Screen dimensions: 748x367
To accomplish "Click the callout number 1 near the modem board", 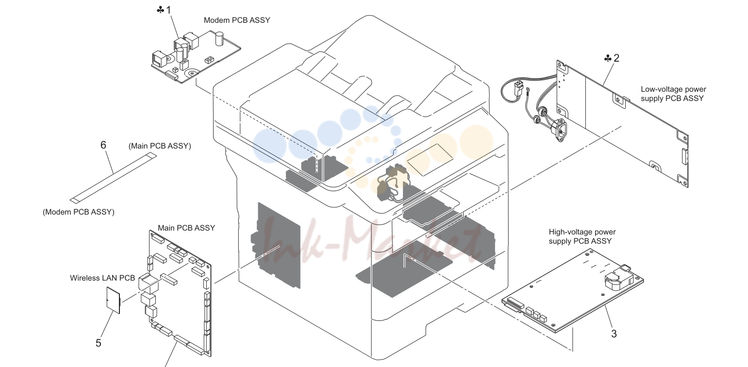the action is pyautogui.click(x=168, y=10).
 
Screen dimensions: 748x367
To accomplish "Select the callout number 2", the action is pyautogui.click(x=616, y=58).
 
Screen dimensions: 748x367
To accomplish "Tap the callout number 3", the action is pyautogui.click(x=614, y=334).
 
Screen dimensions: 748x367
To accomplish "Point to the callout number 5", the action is pyautogui.click(x=99, y=343).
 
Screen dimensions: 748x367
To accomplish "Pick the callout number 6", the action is pyautogui.click(x=103, y=145).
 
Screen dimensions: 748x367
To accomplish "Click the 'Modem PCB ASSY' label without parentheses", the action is pyautogui.click(x=237, y=20).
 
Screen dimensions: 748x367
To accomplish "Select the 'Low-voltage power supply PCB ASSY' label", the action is pyautogui.click(x=673, y=94).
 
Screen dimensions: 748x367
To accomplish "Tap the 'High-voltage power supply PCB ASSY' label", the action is pyautogui.click(x=582, y=236).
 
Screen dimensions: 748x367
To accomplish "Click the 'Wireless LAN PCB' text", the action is pyautogui.click(x=102, y=278).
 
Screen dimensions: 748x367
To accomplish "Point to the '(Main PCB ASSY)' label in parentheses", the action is pyautogui.click(x=160, y=146).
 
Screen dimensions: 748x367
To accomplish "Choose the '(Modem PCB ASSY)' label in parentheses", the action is pyautogui.click(x=79, y=212).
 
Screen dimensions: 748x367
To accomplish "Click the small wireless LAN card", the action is pyautogui.click(x=113, y=300).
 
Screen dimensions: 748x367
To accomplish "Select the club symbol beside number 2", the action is pyautogui.click(x=608, y=59).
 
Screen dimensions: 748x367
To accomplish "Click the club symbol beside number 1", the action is pyautogui.click(x=161, y=10).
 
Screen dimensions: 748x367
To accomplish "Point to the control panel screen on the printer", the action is pyautogui.click(x=430, y=160).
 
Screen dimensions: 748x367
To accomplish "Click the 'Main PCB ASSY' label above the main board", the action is pyautogui.click(x=186, y=228).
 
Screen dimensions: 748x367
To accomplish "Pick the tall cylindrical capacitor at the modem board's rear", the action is pyautogui.click(x=219, y=39).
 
